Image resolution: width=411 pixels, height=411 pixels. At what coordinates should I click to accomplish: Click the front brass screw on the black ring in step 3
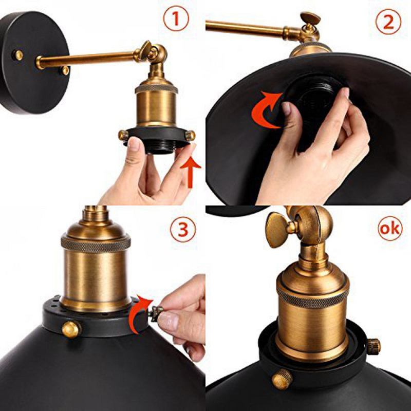point(71,328)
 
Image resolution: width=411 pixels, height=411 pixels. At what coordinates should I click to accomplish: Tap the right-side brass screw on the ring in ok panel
point(373,346)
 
